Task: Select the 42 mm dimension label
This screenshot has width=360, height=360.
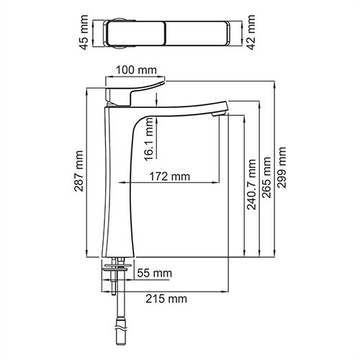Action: pyautogui.click(x=251, y=32)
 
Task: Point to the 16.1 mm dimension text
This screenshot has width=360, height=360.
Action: pyautogui.click(x=149, y=140)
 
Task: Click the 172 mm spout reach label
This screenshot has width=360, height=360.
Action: pyautogui.click(x=170, y=176)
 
